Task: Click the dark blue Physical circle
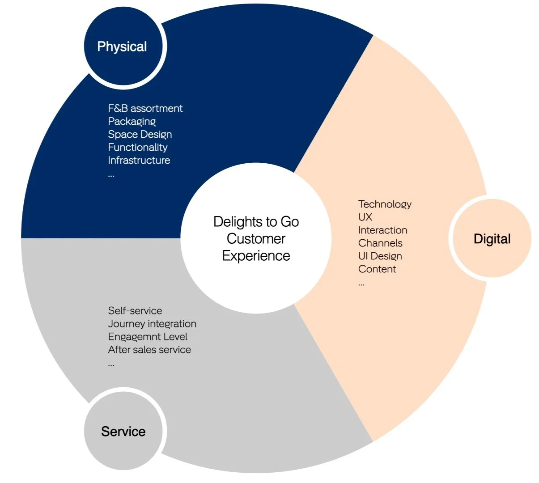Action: click(x=123, y=47)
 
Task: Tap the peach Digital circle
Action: click(x=492, y=239)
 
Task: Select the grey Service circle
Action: click(x=123, y=431)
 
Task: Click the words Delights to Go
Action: click(x=256, y=222)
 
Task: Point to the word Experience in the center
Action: click(x=256, y=256)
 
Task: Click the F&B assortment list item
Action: click(x=145, y=108)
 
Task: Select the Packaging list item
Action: click(x=132, y=121)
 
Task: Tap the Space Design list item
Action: click(x=140, y=134)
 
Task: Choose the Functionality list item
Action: click(x=137, y=147)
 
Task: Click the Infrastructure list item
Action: click(x=139, y=160)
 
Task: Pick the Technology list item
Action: click(x=385, y=204)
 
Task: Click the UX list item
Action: click(x=365, y=217)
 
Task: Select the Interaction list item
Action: click(x=382, y=230)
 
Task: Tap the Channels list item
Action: click(x=380, y=243)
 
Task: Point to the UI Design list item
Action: click(x=380, y=256)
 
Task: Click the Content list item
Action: click(x=377, y=269)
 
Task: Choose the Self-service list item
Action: click(x=135, y=311)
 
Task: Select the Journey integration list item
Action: click(x=152, y=324)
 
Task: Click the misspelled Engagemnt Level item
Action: click(x=148, y=337)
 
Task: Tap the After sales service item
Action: click(x=149, y=350)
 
